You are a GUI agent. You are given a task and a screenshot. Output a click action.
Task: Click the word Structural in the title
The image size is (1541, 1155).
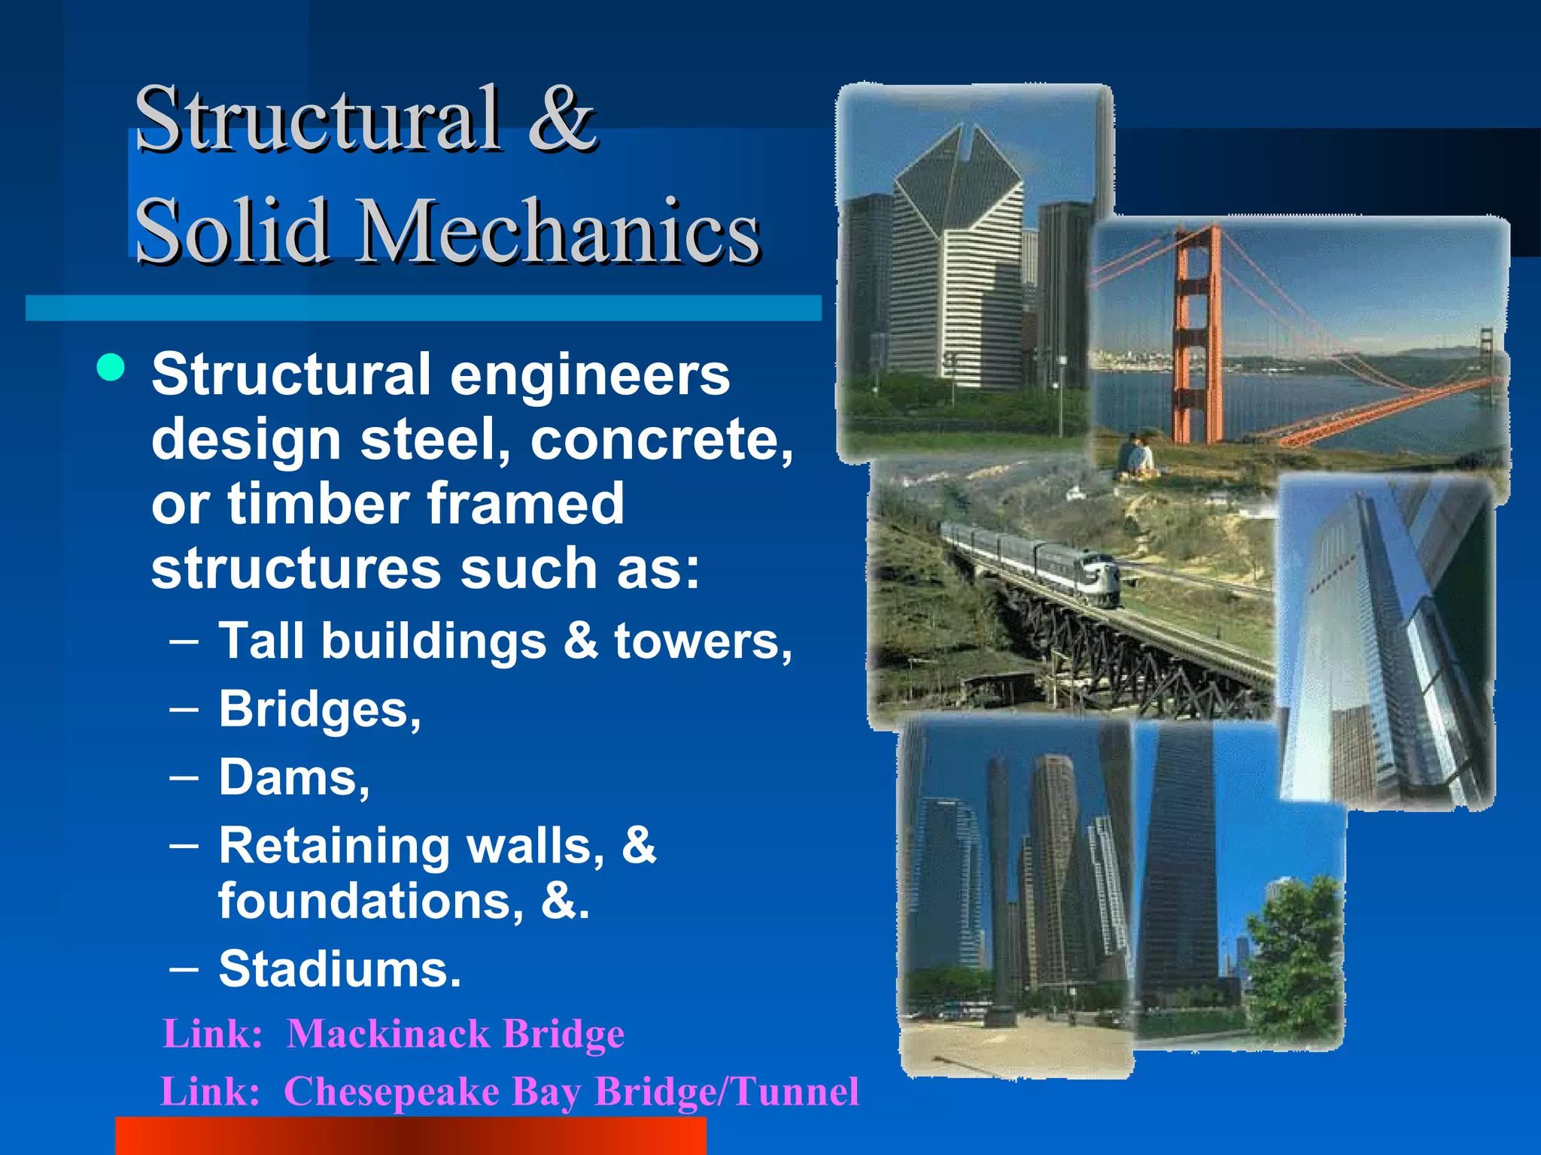pyautogui.click(x=316, y=119)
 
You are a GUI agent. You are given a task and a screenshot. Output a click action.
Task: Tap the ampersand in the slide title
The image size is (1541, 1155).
pyautogui.click(x=561, y=119)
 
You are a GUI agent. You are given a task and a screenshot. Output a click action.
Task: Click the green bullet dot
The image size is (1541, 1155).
pyautogui.click(x=111, y=368)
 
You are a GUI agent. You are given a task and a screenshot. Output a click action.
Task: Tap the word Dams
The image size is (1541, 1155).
pyautogui.click(x=293, y=778)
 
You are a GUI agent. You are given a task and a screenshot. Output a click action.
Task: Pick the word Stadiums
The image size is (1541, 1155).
pyautogui.click(x=339, y=969)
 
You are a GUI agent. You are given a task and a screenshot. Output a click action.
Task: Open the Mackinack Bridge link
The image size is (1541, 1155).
pyautogui.click(x=455, y=1034)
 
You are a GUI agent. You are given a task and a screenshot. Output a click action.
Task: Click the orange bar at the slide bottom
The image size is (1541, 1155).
pyautogui.click(x=410, y=1136)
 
